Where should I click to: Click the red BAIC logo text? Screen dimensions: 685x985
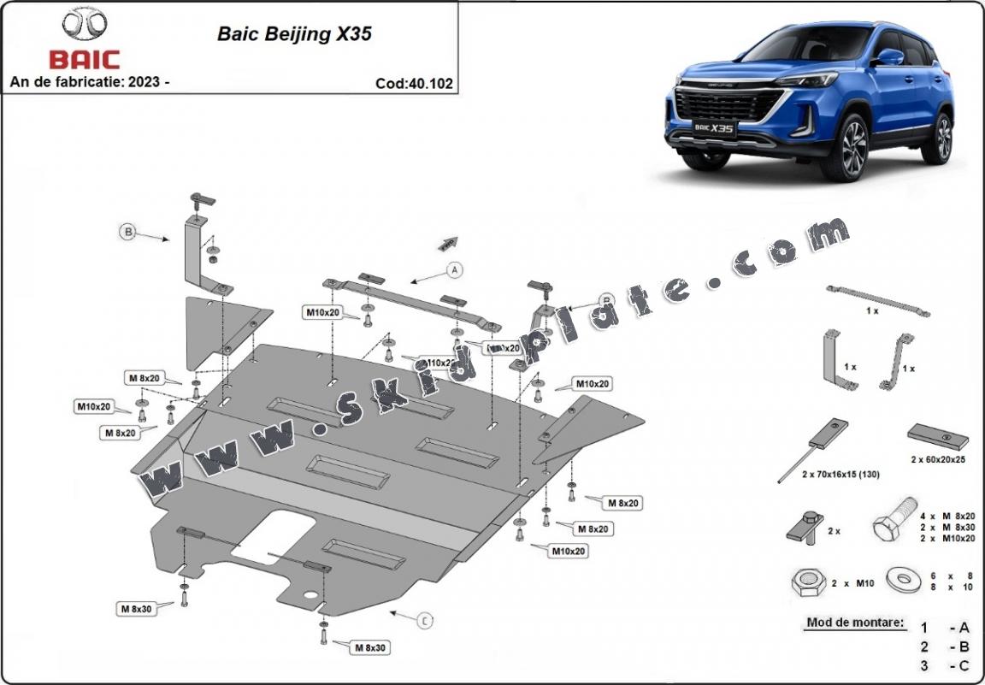[85, 60]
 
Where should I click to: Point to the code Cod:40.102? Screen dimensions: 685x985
[413, 84]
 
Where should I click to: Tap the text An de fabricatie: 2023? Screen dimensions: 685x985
[89, 82]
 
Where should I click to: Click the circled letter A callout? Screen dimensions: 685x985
[454, 270]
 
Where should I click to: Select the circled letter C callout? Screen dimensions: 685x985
[425, 622]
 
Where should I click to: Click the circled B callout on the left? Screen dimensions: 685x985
[127, 231]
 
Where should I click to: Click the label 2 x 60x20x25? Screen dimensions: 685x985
[940, 459]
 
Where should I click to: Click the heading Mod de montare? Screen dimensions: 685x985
[854, 623]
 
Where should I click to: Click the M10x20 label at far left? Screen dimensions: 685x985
[94, 405]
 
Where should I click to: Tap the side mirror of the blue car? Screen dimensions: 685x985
[890, 57]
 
